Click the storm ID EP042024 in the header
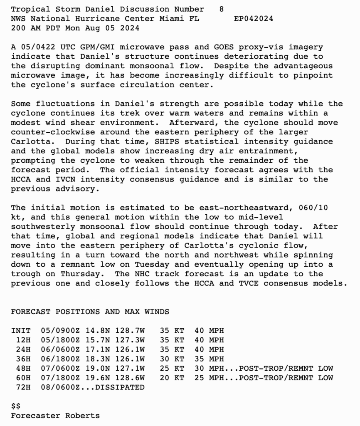[x=253, y=19]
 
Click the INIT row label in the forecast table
[x=21, y=331]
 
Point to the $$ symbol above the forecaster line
[x=16, y=406]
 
